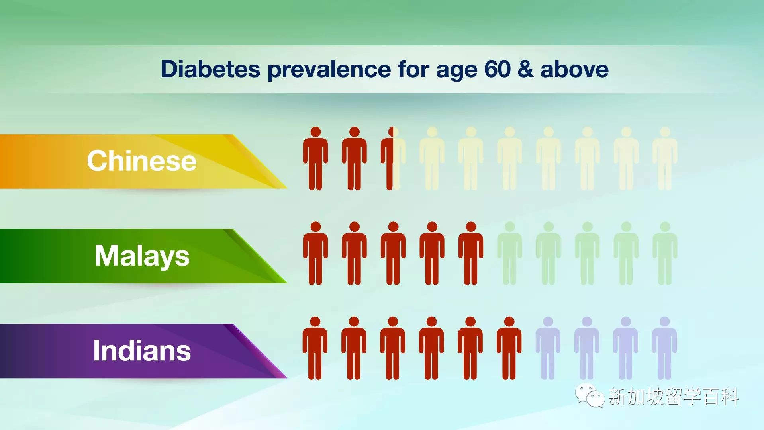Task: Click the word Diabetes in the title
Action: [x=210, y=69]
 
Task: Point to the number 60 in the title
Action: [x=498, y=69]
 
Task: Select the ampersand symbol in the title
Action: [x=525, y=69]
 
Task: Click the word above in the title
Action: [x=574, y=69]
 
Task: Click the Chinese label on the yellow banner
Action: [x=142, y=161]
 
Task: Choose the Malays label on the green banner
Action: [x=142, y=256]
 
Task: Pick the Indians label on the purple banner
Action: [x=142, y=351]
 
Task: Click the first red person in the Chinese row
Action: [x=315, y=158]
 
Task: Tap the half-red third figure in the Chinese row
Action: [x=393, y=158]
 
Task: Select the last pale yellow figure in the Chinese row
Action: [x=665, y=158]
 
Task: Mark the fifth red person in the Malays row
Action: [x=471, y=253]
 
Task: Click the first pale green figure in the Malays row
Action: [x=509, y=253]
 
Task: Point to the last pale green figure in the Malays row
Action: [x=665, y=253]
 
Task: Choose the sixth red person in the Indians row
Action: [x=509, y=348]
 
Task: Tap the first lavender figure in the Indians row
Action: [x=548, y=348]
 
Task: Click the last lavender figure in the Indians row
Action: [x=664, y=348]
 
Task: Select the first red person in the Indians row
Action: [x=315, y=348]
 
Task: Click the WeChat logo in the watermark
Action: [x=590, y=395]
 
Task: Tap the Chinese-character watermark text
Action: [x=674, y=397]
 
